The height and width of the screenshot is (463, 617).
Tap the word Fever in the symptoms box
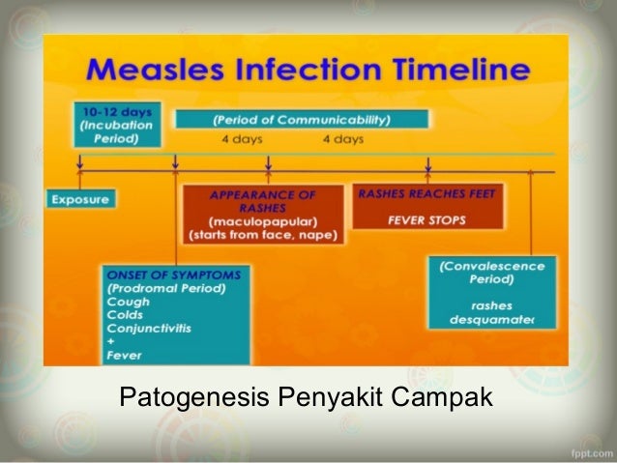(125, 355)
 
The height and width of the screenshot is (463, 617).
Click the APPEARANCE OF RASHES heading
(263, 201)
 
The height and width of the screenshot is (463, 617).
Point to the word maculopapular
(263, 220)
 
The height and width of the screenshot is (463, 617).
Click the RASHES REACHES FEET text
(426, 193)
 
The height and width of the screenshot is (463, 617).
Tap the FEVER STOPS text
(426, 219)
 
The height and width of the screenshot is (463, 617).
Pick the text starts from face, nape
(263, 234)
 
